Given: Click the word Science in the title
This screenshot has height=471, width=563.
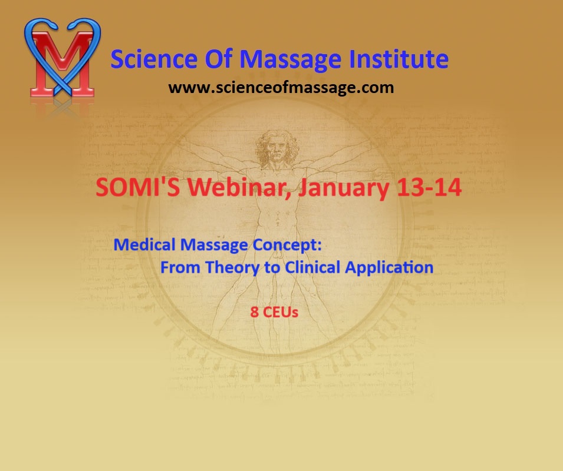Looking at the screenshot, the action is pos(154,59).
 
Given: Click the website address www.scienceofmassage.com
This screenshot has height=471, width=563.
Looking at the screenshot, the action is pos(281,88).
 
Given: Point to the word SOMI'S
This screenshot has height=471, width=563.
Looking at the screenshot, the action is pos(138,187).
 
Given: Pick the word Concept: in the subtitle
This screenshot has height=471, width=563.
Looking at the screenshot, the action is pos(287,246).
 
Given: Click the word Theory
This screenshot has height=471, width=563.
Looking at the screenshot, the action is pos(232,268).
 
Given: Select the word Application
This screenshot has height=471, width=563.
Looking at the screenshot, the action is pos(389,268).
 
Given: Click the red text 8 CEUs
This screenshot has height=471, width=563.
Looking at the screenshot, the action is pos(274,312).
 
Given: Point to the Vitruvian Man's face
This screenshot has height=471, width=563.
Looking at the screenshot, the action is pos(276,151).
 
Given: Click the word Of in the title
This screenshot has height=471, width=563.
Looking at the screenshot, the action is pos(218,59).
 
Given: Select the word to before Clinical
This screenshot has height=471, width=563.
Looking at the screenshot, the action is pos(272,268).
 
